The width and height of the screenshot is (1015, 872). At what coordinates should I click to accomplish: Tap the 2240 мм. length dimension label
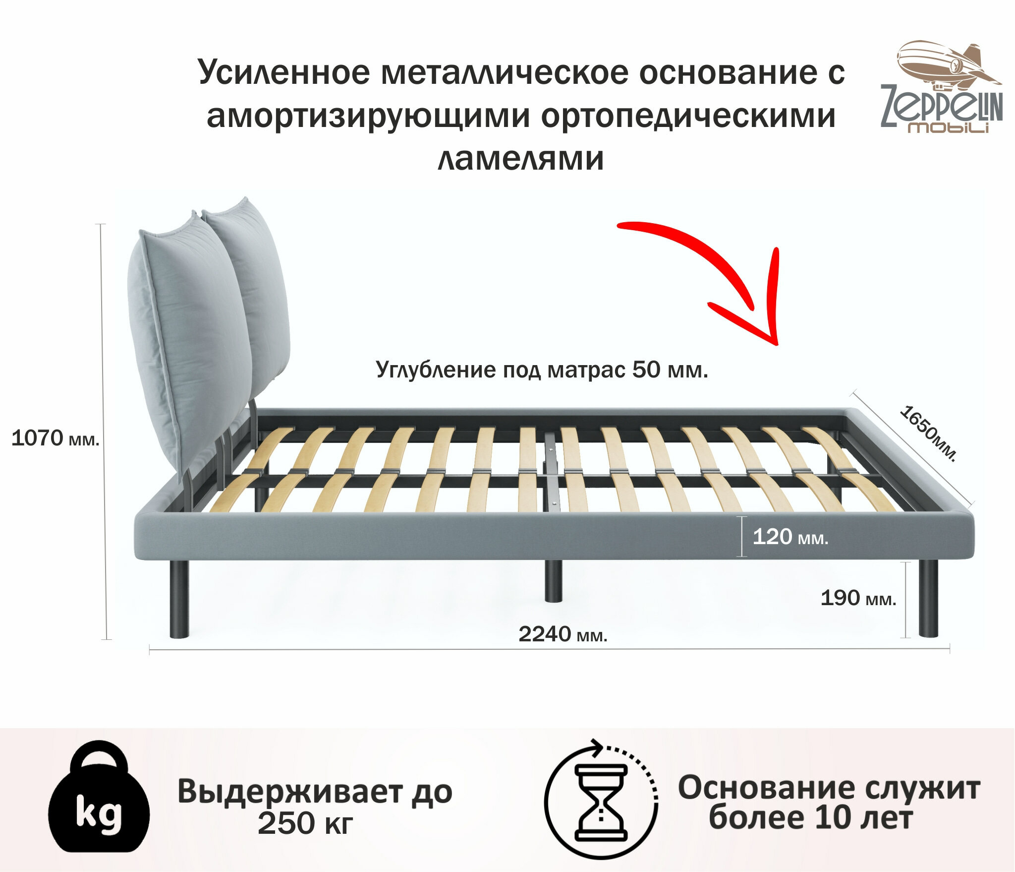563,634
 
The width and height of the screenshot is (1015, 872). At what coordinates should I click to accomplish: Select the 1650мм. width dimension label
927,433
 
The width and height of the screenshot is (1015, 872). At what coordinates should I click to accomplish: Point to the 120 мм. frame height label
790,537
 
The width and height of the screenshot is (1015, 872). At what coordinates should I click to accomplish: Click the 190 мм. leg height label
858,598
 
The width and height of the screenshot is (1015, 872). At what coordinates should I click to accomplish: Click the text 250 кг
305,823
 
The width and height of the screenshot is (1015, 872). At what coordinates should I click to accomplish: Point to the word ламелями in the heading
521,158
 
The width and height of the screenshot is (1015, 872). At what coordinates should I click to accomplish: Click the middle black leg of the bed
553,580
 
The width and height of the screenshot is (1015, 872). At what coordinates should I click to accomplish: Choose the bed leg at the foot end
928,598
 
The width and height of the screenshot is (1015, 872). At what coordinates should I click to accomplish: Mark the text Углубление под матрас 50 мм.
542,370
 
